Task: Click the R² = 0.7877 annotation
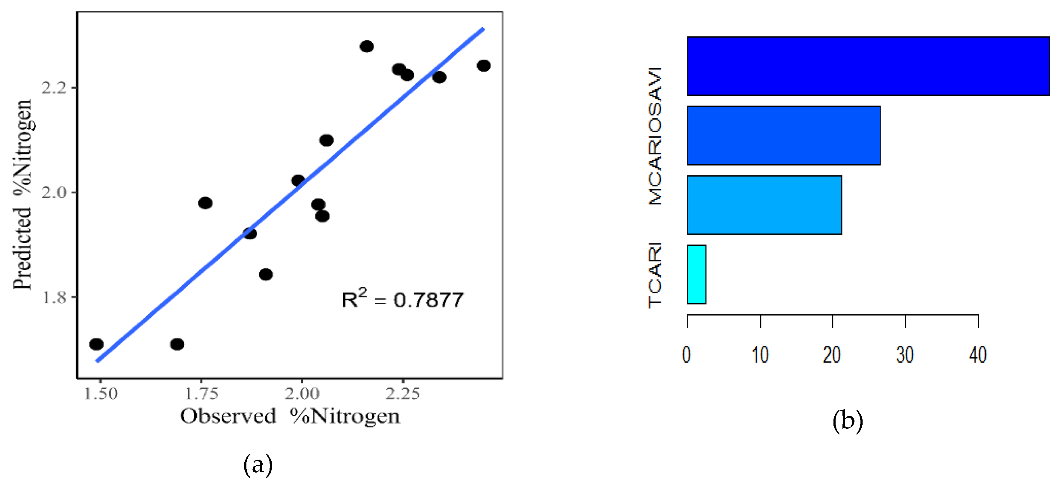tap(402, 299)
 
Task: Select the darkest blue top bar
tap(868, 66)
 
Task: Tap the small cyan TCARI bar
tap(696, 274)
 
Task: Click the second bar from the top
tap(783, 136)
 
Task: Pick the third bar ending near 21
tap(764, 205)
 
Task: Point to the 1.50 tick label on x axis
tap(101, 394)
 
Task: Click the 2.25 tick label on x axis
tap(402, 394)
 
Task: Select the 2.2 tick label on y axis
tap(54, 87)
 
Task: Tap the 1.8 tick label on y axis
tap(54, 297)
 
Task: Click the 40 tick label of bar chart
tap(978, 355)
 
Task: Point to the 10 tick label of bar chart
tap(760, 355)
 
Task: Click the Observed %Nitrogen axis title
tap(290, 416)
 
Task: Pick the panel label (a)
tap(258, 465)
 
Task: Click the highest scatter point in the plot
tap(366, 46)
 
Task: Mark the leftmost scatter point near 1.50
tap(96, 344)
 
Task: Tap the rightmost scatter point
tap(483, 66)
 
